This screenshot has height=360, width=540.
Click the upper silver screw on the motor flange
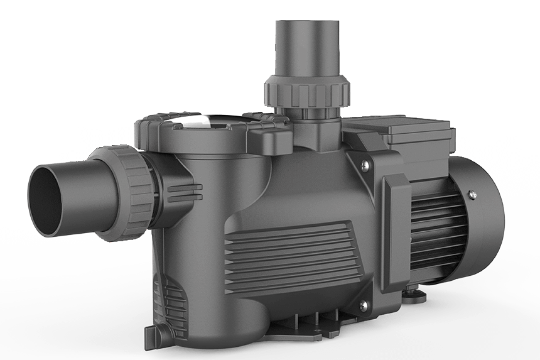pos(364,165)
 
